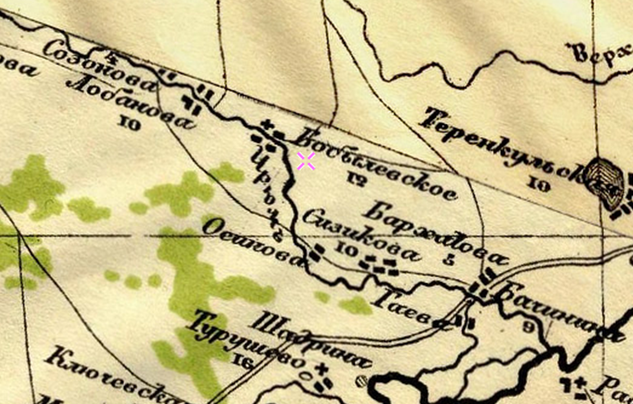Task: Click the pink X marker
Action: click(x=307, y=161)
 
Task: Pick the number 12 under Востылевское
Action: click(x=356, y=181)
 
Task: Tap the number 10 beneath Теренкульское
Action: click(x=539, y=183)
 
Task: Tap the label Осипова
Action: click(x=254, y=241)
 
